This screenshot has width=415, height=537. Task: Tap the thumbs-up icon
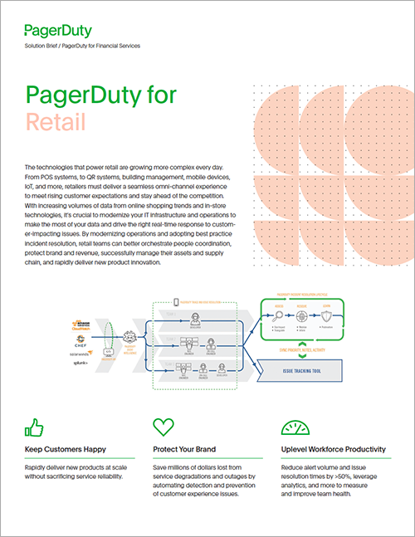(36, 427)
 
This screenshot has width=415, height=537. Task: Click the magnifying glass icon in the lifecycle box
(277, 316)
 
